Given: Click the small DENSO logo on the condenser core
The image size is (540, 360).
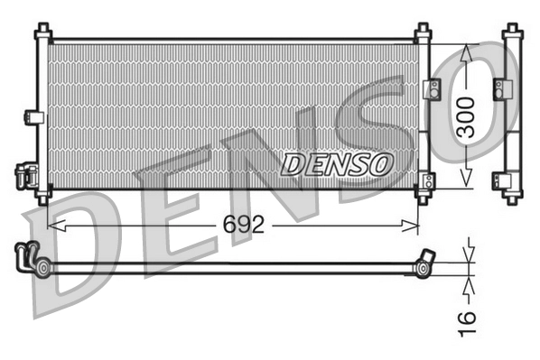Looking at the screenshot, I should [x=338, y=163].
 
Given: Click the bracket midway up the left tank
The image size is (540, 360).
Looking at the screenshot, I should [x=33, y=116].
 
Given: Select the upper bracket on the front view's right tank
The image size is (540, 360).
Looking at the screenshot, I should [x=431, y=88].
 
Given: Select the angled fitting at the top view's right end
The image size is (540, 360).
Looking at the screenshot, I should [x=424, y=261].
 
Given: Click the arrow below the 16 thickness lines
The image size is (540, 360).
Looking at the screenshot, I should [x=466, y=284].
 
